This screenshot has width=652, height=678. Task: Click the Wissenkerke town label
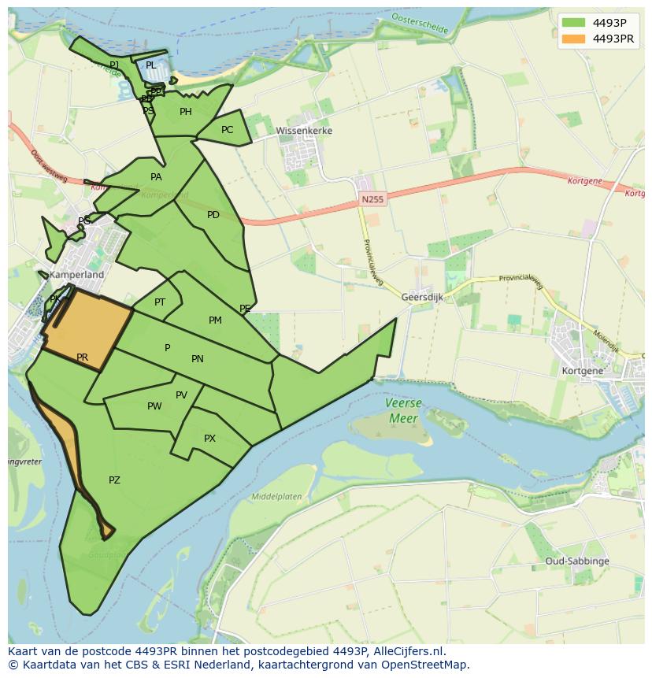tap(304, 131)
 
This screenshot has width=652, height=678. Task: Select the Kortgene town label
tap(583, 370)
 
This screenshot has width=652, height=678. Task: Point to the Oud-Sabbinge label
tap(577, 561)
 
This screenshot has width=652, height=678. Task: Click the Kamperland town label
tap(76, 276)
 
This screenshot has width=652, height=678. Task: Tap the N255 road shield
tap(372, 200)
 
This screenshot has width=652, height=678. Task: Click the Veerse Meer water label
tap(403, 410)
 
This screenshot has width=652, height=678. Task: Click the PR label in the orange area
tap(83, 358)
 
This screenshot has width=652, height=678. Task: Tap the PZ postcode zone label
tap(114, 480)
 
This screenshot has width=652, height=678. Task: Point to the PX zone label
tap(209, 439)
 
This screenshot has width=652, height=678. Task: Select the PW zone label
tap(154, 406)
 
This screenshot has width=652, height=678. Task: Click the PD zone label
tap(213, 215)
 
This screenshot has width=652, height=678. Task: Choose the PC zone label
tap(227, 130)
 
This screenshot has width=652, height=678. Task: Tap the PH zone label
tap(186, 112)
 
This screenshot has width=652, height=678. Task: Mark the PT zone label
tap(160, 302)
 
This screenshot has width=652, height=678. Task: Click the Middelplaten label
tap(276, 497)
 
